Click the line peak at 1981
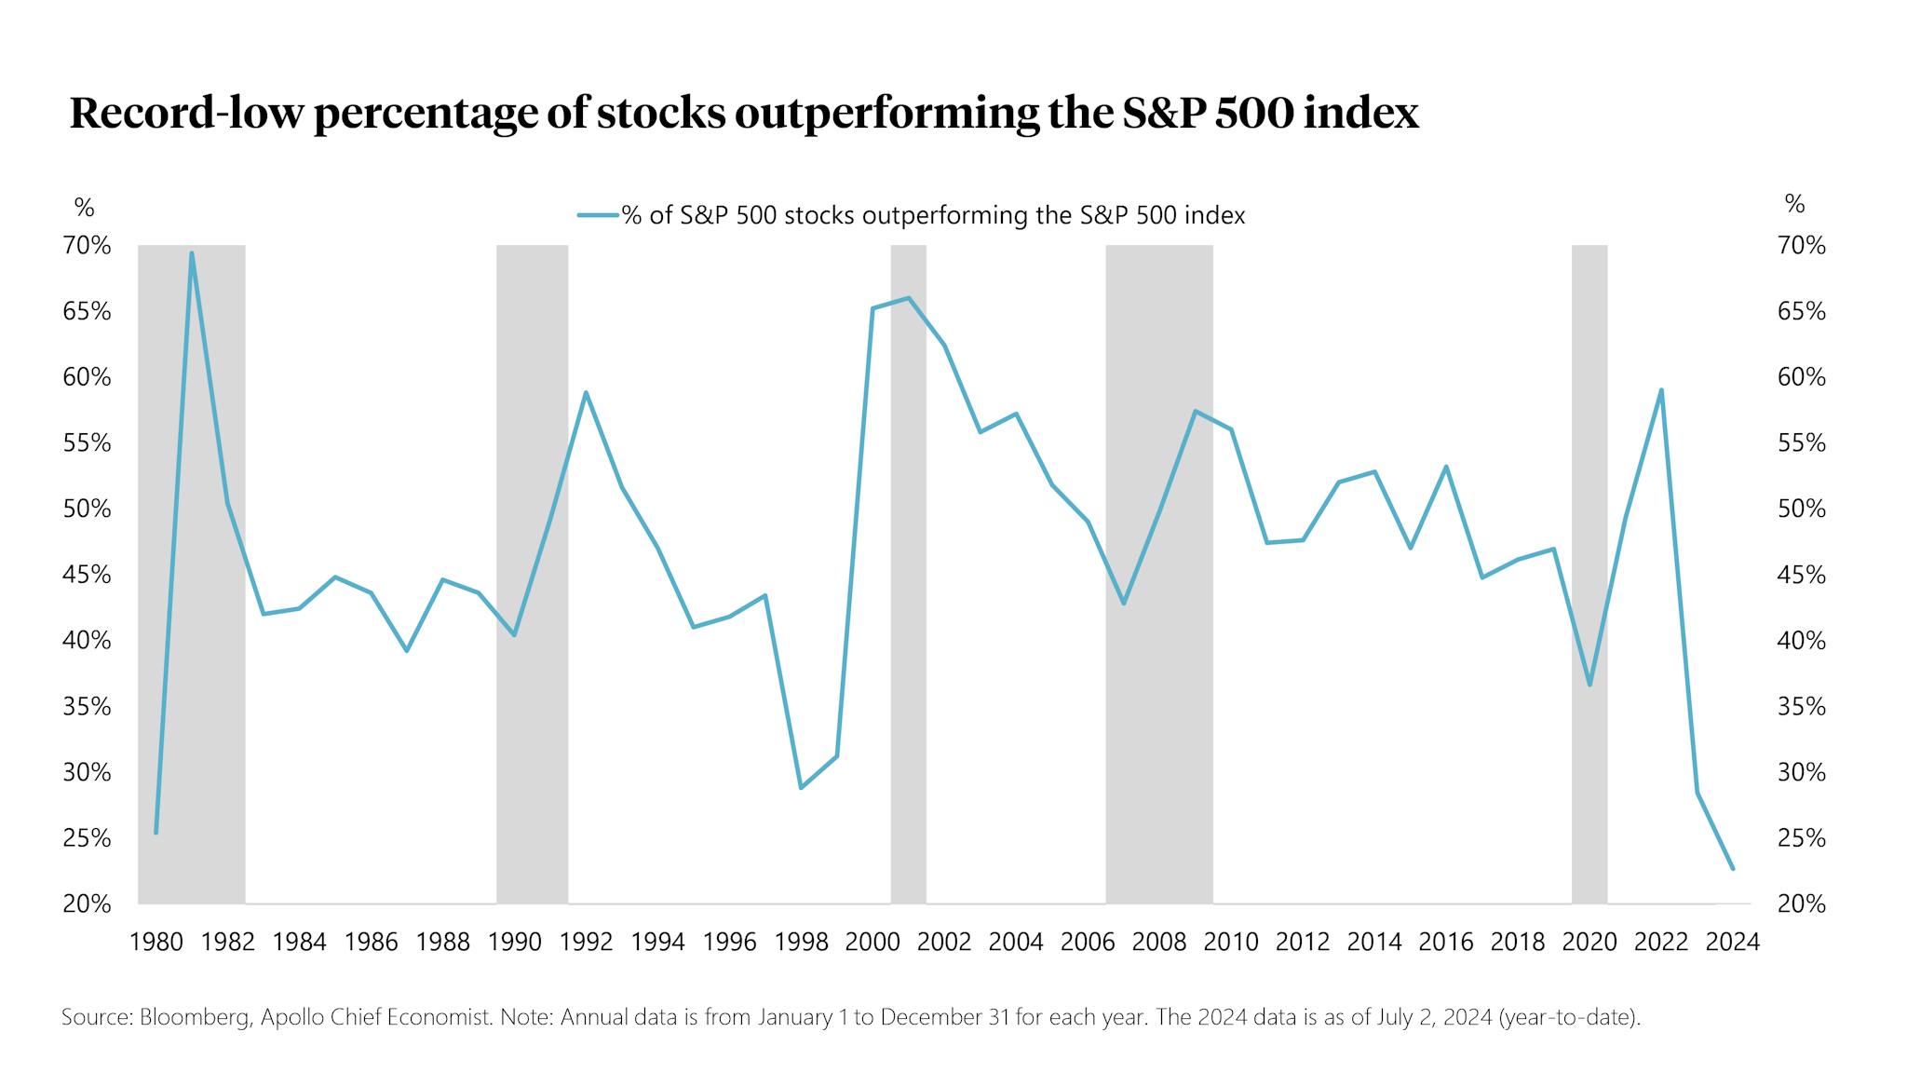click(192, 253)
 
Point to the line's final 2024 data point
click(1732, 868)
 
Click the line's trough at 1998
click(801, 788)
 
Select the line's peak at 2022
click(1661, 390)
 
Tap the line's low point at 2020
click(1589, 685)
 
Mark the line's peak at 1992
click(586, 392)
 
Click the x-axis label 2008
click(1158, 942)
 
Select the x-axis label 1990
click(514, 942)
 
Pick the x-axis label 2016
click(1445, 942)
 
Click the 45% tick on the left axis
click(87, 575)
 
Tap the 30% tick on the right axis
click(1802, 772)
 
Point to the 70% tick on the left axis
click(87, 246)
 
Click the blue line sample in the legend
click(598, 215)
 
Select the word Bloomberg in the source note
click(195, 1017)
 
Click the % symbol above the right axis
click(1794, 204)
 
